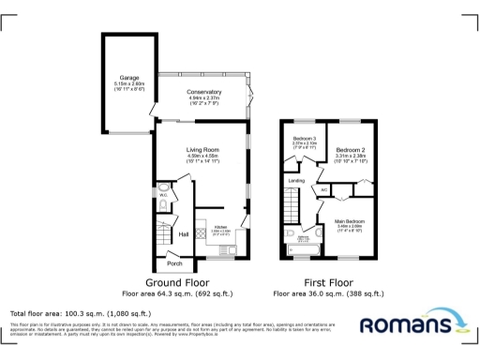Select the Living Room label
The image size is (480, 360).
click(x=202, y=148)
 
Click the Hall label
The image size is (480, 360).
click(x=184, y=233)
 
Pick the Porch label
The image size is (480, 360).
click(x=173, y=263)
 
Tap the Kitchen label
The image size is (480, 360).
click(x=221, y=227)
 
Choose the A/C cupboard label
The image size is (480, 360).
click(x=324, y=190)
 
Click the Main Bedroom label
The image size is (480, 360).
click(x=349, y=221)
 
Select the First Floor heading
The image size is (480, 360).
click(x=327, y=282)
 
